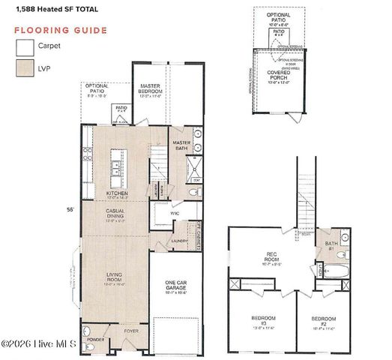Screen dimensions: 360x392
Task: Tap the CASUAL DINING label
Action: tap(118, 217)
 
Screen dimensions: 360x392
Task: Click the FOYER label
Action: tap(132, 329)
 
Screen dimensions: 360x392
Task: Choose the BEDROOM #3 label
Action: tap(263, 322)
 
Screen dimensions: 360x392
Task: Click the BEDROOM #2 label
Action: tap(324, 322)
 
